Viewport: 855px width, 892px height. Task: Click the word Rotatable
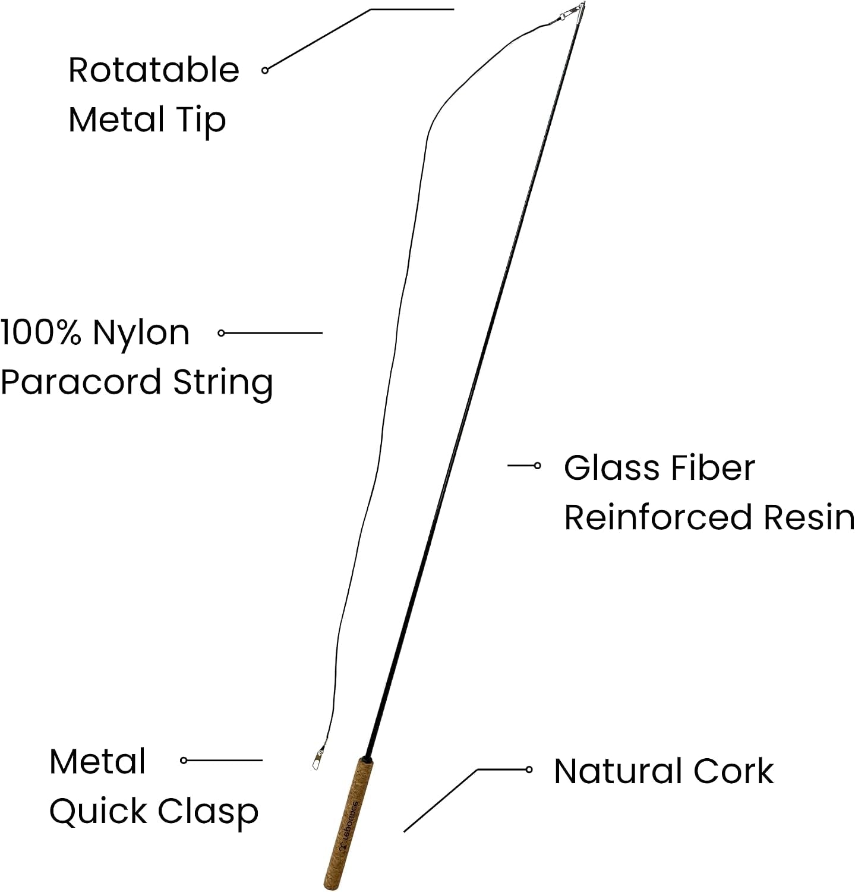click(x=153, y=70)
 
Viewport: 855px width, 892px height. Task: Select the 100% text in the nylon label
click(x=40, y=332)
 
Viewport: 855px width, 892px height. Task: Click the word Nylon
click(x=141, y=333)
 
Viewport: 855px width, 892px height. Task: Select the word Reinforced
click(x=658, y=517)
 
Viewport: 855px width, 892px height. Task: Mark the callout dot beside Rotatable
click(x=265, y=70)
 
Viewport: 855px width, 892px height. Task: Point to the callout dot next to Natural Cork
click(x=529, y=769)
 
